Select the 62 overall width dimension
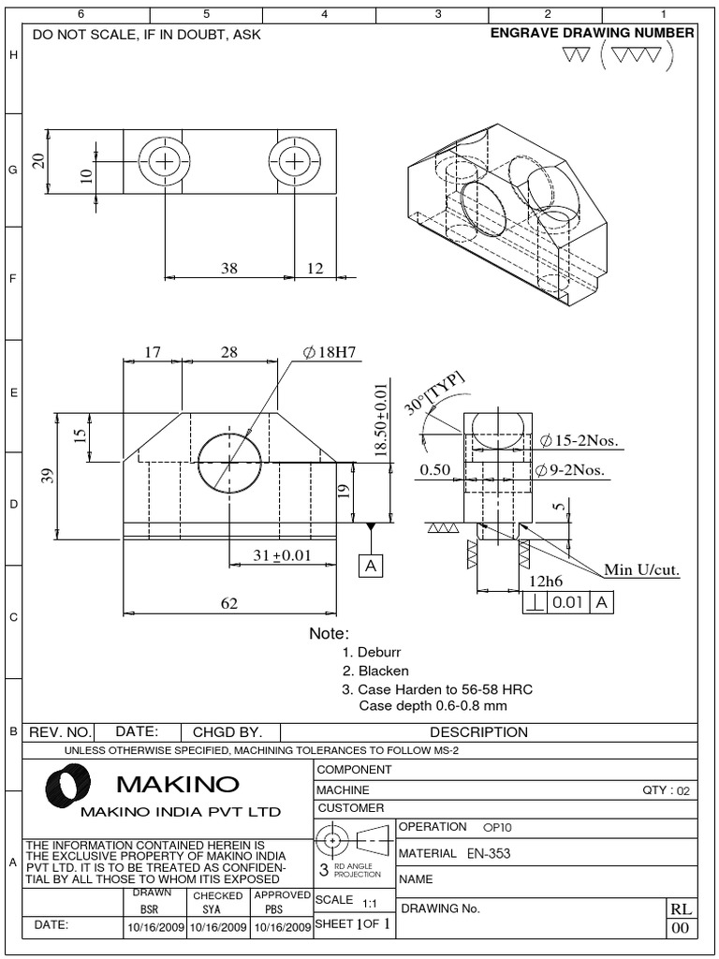click(x=229, y=604)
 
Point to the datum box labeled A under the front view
click(x=372, y=566)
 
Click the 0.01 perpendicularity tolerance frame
click(x=567, y=604)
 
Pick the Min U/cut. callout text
click(x=641, y=569)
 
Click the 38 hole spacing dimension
click(x=229, y=268)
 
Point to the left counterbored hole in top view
click(x=166, y=162)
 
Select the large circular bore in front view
click(x=229, y=464)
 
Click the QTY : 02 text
click(x=666, y=790)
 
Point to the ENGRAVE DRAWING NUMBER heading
click(x=593, y=33)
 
